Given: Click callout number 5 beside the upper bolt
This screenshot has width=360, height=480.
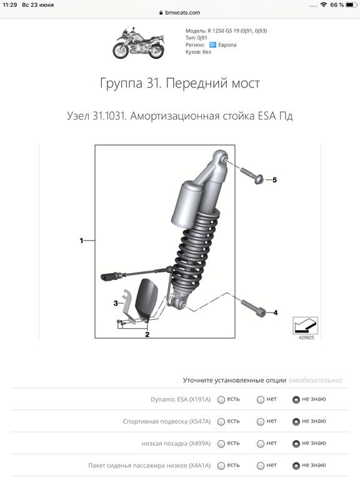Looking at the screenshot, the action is point(274,180).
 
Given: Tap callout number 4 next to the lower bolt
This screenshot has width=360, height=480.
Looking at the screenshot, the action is point(276,312).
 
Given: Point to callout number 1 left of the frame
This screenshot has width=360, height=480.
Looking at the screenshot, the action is point(81,241).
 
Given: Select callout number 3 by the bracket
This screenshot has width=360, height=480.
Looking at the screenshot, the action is point(116,303).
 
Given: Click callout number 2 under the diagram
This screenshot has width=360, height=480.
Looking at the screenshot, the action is point(147,334).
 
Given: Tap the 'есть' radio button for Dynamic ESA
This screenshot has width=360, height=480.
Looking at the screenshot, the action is point(221,399).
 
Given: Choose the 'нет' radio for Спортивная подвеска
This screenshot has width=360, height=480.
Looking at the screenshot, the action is point(261,421).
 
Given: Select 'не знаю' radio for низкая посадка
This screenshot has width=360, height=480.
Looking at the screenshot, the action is point(296,444).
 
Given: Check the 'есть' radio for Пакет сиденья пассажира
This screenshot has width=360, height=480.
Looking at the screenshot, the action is point(221,466).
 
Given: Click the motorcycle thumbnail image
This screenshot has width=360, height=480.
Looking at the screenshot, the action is point(139,42).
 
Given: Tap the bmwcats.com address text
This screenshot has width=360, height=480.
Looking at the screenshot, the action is point(182,12).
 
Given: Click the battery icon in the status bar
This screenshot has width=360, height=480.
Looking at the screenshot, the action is point(351,5).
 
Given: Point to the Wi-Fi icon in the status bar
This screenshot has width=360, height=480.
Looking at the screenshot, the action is point(324,4).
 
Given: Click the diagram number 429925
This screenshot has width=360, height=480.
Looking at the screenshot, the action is point(306,337).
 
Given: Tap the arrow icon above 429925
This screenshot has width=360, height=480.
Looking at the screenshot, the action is point(306,326).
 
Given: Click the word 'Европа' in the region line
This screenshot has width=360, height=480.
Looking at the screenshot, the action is point(227,45).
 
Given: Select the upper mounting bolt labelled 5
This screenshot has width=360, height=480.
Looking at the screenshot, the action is point(252,175).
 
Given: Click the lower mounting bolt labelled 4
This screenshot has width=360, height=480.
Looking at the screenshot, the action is point(252,308).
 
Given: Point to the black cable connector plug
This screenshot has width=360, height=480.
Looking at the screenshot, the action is point(111,276).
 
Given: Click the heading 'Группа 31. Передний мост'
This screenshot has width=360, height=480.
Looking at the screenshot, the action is point(180,83).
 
